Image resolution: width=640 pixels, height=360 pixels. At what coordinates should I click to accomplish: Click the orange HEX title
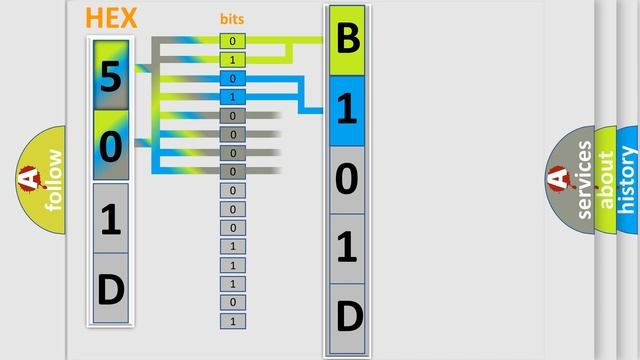tap(111, 18)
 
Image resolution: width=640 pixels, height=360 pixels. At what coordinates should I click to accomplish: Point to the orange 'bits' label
tap(232, 19)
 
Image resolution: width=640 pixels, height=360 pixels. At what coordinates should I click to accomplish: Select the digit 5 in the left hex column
tap(111, 77)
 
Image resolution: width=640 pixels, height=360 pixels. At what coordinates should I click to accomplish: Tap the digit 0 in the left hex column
tap(111, 146)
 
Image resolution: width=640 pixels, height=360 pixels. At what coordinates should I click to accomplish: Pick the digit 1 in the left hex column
tap(111, 219)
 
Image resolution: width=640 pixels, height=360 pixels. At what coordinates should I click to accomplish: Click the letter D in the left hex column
tap(111, 289)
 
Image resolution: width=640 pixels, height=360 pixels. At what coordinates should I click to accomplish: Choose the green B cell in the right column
tap(347, 41)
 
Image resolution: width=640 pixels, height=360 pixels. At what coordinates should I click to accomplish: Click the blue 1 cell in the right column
tap(347, 111)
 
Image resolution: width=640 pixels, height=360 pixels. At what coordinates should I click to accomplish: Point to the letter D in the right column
tap(347, 318)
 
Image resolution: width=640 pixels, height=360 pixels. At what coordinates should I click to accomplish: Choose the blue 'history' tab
tap(628, 180)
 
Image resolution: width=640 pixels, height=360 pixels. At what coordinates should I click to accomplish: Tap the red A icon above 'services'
tap(558, 180)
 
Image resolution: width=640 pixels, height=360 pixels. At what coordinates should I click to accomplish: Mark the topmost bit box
tap(232, 41)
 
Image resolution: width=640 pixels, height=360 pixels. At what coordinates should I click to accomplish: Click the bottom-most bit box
tap(232, 321)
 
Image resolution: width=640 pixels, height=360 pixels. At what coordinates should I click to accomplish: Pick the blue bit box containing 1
tap(232, 97)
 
